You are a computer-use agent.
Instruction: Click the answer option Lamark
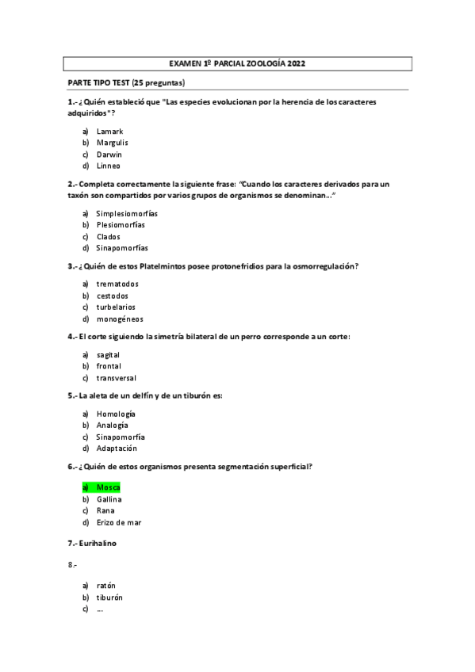[109, 131]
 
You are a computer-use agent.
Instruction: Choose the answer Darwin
[109, 155]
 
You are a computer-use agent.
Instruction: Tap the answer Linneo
[109, 166]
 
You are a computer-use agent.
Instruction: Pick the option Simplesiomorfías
[126, 213]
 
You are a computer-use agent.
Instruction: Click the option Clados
[109, 236]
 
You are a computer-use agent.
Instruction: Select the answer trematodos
[117, 284]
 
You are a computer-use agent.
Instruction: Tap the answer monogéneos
[120, 319]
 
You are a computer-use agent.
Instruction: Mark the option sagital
[108, 355]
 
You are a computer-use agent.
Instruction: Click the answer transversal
[118, 378]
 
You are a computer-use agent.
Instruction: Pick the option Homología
[116, 414]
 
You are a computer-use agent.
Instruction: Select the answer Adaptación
[117, 449]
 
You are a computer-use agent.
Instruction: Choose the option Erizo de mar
[119, 522]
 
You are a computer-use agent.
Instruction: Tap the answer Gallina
[109, 499]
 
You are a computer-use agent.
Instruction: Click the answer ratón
[106, 585]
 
